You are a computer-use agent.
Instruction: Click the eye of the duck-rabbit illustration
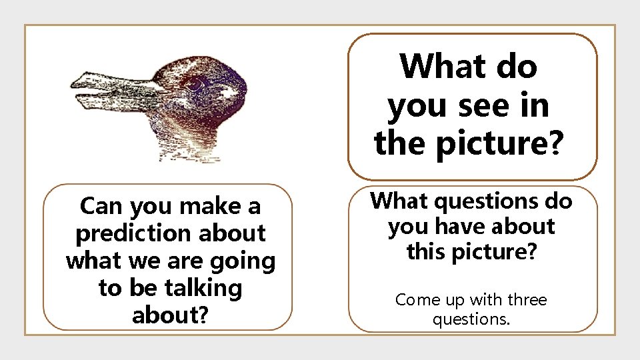coord(194,85)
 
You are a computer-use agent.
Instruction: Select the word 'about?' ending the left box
coord(170,315)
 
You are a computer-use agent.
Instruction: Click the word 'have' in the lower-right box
coord(461,226)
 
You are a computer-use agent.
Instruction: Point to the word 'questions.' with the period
coord(471,319)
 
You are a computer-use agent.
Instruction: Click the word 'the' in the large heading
coord(399,143)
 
